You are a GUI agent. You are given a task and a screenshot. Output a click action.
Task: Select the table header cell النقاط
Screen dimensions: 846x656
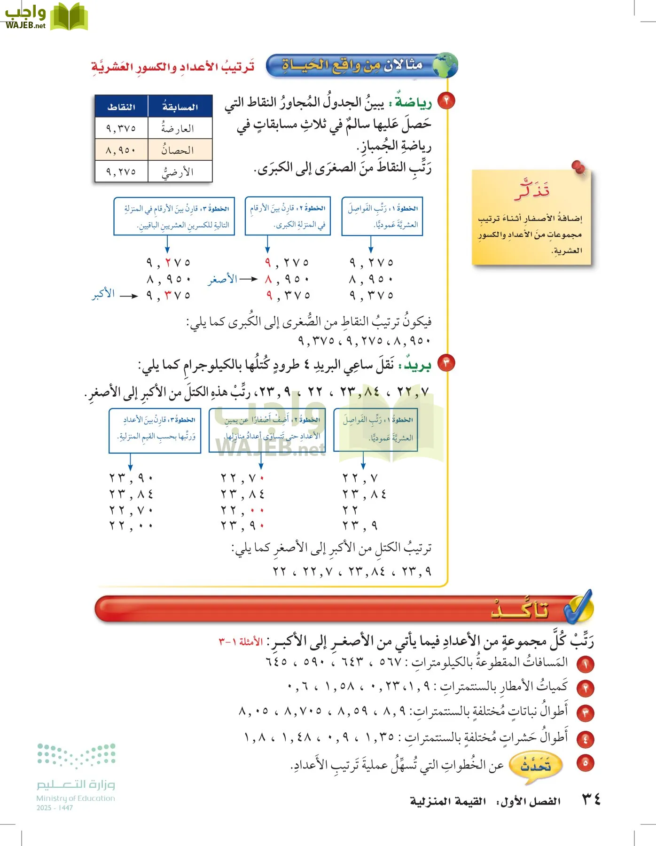pyautogui.click(x=121, y=107)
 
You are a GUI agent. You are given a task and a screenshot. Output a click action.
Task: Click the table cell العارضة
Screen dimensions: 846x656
pyautogui.click(x=178, y=128)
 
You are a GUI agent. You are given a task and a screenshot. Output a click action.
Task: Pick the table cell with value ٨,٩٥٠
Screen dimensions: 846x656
pyautogui.click(x=121, y=150)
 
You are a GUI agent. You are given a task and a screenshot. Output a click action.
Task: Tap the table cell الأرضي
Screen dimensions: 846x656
pyautogui.click(x=178, y=172)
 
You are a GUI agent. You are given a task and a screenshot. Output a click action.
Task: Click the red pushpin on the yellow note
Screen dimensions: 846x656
pyautogui.click(x=578, y=167)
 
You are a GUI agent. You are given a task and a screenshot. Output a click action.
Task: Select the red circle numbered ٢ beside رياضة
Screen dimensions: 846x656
pyautogui.click(x=446, y=101)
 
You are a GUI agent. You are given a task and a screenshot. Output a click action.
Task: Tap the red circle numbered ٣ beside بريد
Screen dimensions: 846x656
pyautogui.click(x=446, y=363)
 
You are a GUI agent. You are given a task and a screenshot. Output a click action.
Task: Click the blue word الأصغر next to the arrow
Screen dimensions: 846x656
pyautogui.click(x=223, y=279)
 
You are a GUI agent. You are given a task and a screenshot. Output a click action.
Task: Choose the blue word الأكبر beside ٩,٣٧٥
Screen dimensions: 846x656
pyautogui.click(x=103, y=294)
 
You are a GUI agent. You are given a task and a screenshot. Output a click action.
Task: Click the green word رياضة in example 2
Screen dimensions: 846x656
pyautogui.click(x=413, y=102)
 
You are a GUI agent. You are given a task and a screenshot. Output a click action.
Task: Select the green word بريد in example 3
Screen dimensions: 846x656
pyautogui.click(x=417, y=366)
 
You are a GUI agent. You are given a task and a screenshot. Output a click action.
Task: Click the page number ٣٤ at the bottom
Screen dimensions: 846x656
pyautogui.click(x=591, y=799)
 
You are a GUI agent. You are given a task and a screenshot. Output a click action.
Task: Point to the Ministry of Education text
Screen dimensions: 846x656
pyautogui.click(x=76, y=798)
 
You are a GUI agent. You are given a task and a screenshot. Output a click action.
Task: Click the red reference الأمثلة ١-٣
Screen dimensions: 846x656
pyautogui.click(x=241, y=642)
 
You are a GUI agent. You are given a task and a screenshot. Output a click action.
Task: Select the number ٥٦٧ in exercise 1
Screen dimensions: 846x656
pyautogui.click(x=390, y=662)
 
